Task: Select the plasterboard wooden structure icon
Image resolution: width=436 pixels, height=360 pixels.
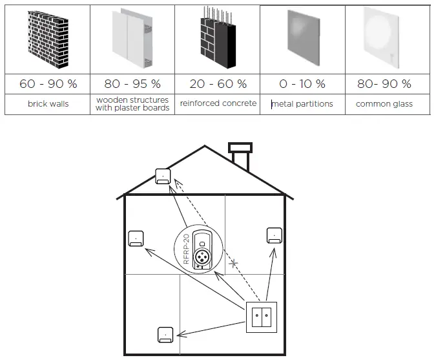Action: tap(132, 39)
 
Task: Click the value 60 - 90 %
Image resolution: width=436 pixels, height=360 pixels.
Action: tap(47, 84)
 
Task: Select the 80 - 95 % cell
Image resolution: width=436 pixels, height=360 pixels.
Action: tap(132, 84)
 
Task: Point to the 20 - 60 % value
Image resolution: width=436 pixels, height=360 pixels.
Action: tap(218, 84)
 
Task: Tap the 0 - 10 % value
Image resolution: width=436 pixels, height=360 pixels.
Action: tap(302, 84)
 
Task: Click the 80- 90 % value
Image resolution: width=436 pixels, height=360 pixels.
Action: tap(387, 84)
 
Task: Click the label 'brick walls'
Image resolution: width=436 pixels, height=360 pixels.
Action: tap(47, 103)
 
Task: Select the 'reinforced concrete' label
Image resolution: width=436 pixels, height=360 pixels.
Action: tap(218, 103)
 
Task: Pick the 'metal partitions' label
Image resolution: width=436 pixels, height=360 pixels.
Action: tap(302, 103)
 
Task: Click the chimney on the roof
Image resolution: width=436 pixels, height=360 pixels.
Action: tap(241, 156)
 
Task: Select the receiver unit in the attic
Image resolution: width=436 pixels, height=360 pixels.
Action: tap(163, 176)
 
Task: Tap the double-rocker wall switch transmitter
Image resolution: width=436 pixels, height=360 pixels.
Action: tap(262, 317)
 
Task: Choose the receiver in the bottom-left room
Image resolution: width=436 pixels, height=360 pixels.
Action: tap(165, 335)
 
